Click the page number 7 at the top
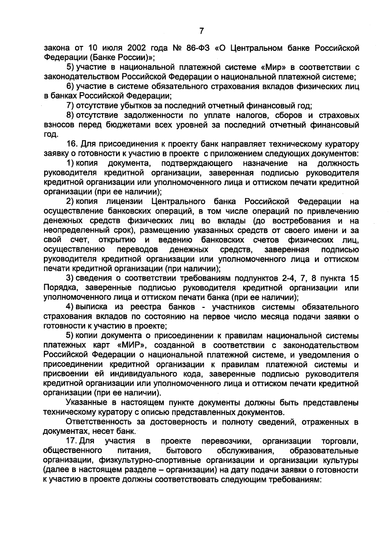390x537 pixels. (201, 31)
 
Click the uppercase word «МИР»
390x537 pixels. (133, 345)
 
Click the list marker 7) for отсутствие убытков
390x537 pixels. (71, 106)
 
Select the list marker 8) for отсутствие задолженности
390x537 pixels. (71, 116)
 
